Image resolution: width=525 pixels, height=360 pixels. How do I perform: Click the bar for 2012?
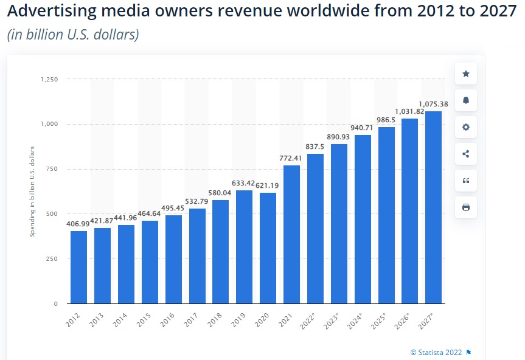point(78,267)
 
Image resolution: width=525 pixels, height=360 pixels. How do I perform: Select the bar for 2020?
point(268,248)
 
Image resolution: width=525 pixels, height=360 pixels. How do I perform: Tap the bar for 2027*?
point(433,207)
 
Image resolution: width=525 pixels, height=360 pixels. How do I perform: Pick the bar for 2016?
point(173,259)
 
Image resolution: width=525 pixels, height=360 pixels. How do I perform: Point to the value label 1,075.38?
point(433,104)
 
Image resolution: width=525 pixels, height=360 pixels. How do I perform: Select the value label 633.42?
point(244,183)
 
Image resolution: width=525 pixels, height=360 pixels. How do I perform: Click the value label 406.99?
point(78,224)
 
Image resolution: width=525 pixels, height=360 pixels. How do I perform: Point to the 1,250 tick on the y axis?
point(49,79)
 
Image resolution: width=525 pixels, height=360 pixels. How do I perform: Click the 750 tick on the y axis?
point(52,169)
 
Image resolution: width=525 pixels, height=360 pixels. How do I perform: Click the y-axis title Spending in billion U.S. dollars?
point(33,191)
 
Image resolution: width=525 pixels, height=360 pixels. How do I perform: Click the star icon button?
point(466,74)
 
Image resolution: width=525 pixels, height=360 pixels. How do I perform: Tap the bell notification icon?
point(466,100)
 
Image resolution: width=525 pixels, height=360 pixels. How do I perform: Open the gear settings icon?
point(466,127)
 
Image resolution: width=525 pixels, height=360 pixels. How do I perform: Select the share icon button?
point(466,154)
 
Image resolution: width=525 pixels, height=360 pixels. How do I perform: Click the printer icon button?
point(466,207)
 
